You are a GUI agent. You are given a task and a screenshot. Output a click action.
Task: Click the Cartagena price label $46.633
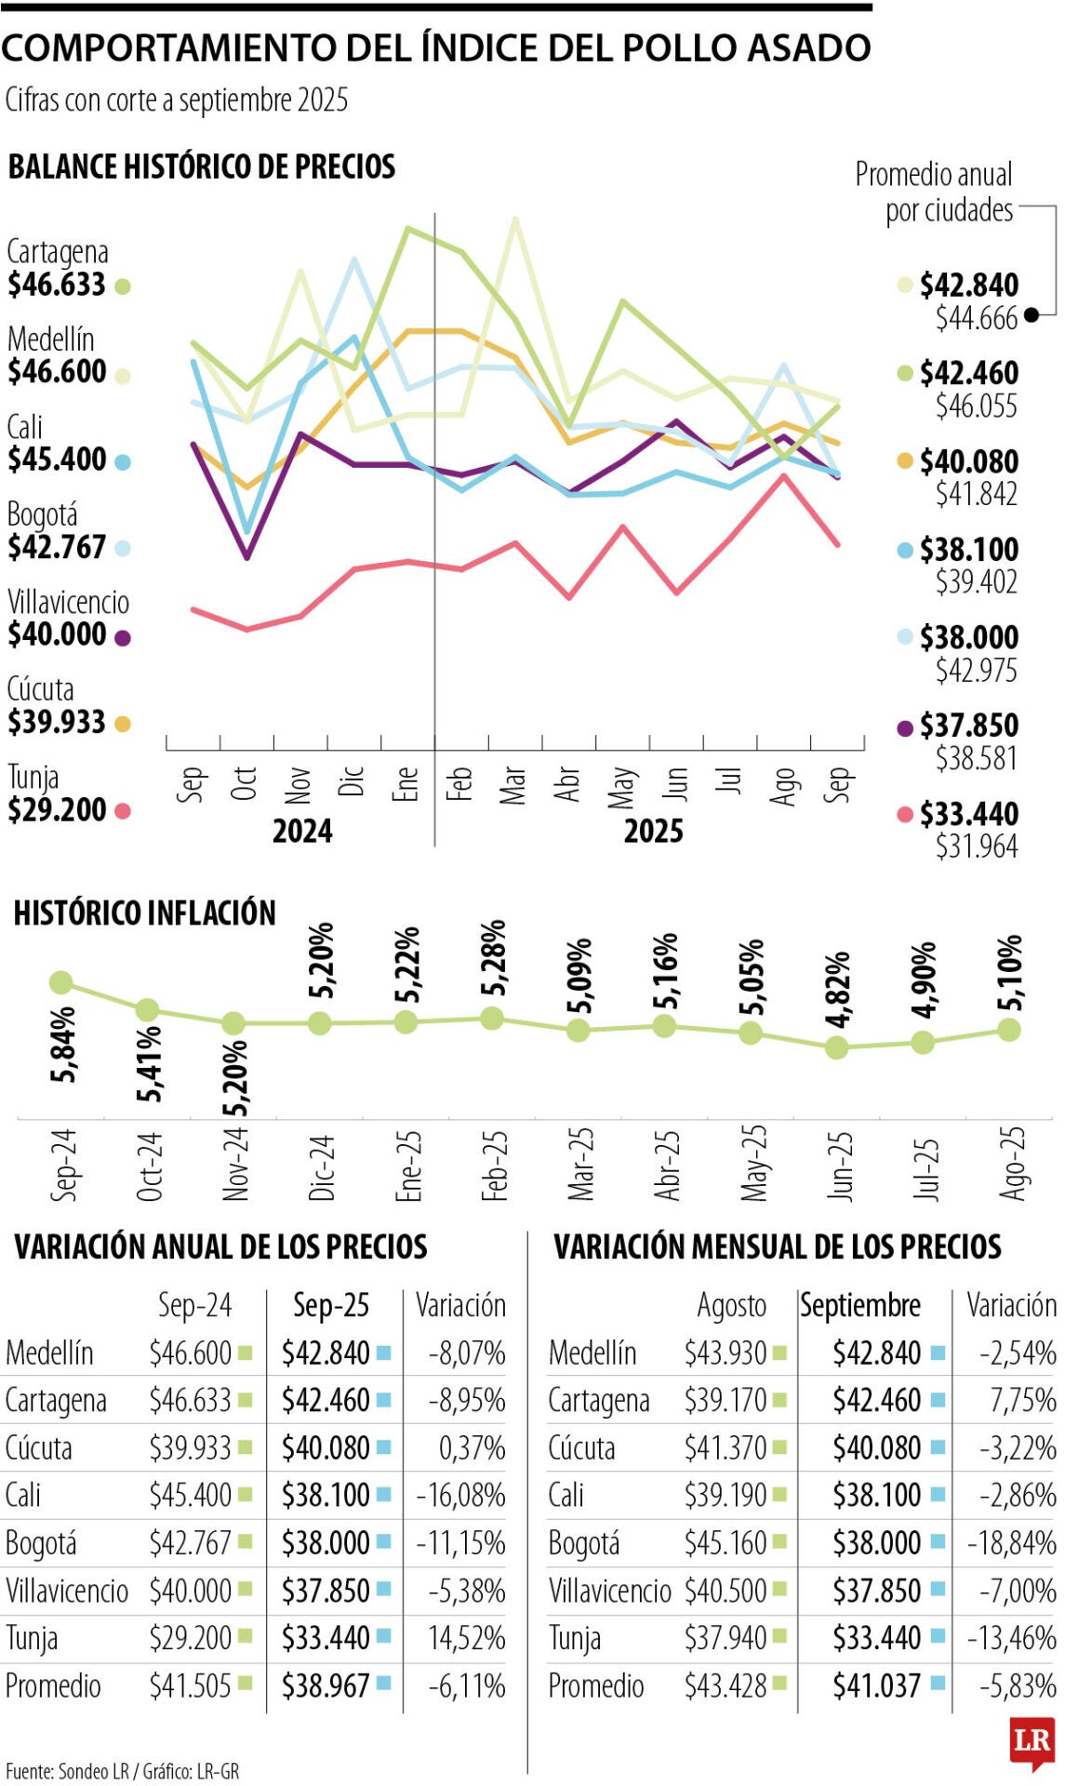[57, 285]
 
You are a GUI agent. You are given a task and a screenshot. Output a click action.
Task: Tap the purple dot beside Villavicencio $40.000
[122, 637]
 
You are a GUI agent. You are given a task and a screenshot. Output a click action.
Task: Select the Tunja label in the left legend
[33, 777]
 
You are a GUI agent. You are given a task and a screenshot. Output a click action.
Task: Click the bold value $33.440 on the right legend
[968, 814]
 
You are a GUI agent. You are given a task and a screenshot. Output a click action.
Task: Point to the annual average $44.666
[976, 318]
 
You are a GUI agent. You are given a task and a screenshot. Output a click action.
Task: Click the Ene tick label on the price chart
[406, 784]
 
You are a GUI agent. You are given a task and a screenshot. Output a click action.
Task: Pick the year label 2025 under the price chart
[653, 831]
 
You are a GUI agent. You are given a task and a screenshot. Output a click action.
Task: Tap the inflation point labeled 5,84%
[61, 981]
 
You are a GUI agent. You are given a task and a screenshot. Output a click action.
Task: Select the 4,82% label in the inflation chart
[838, 989]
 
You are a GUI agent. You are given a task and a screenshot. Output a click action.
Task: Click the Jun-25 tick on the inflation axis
[839, 1165]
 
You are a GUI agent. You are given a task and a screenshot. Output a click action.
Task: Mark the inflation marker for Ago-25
[1009, 1029]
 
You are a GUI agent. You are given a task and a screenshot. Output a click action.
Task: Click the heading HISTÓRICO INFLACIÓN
[144, 913]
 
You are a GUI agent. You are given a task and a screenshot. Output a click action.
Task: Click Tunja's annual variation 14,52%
[466, 1637]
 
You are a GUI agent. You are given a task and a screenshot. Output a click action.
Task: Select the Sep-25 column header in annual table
[331, 1305]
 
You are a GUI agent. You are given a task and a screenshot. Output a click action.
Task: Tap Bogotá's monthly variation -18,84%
[1011, 1543]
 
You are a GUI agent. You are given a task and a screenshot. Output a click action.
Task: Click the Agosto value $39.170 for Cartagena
[726, 1400]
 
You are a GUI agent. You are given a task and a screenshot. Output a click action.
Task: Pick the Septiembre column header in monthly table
[860, 1305]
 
